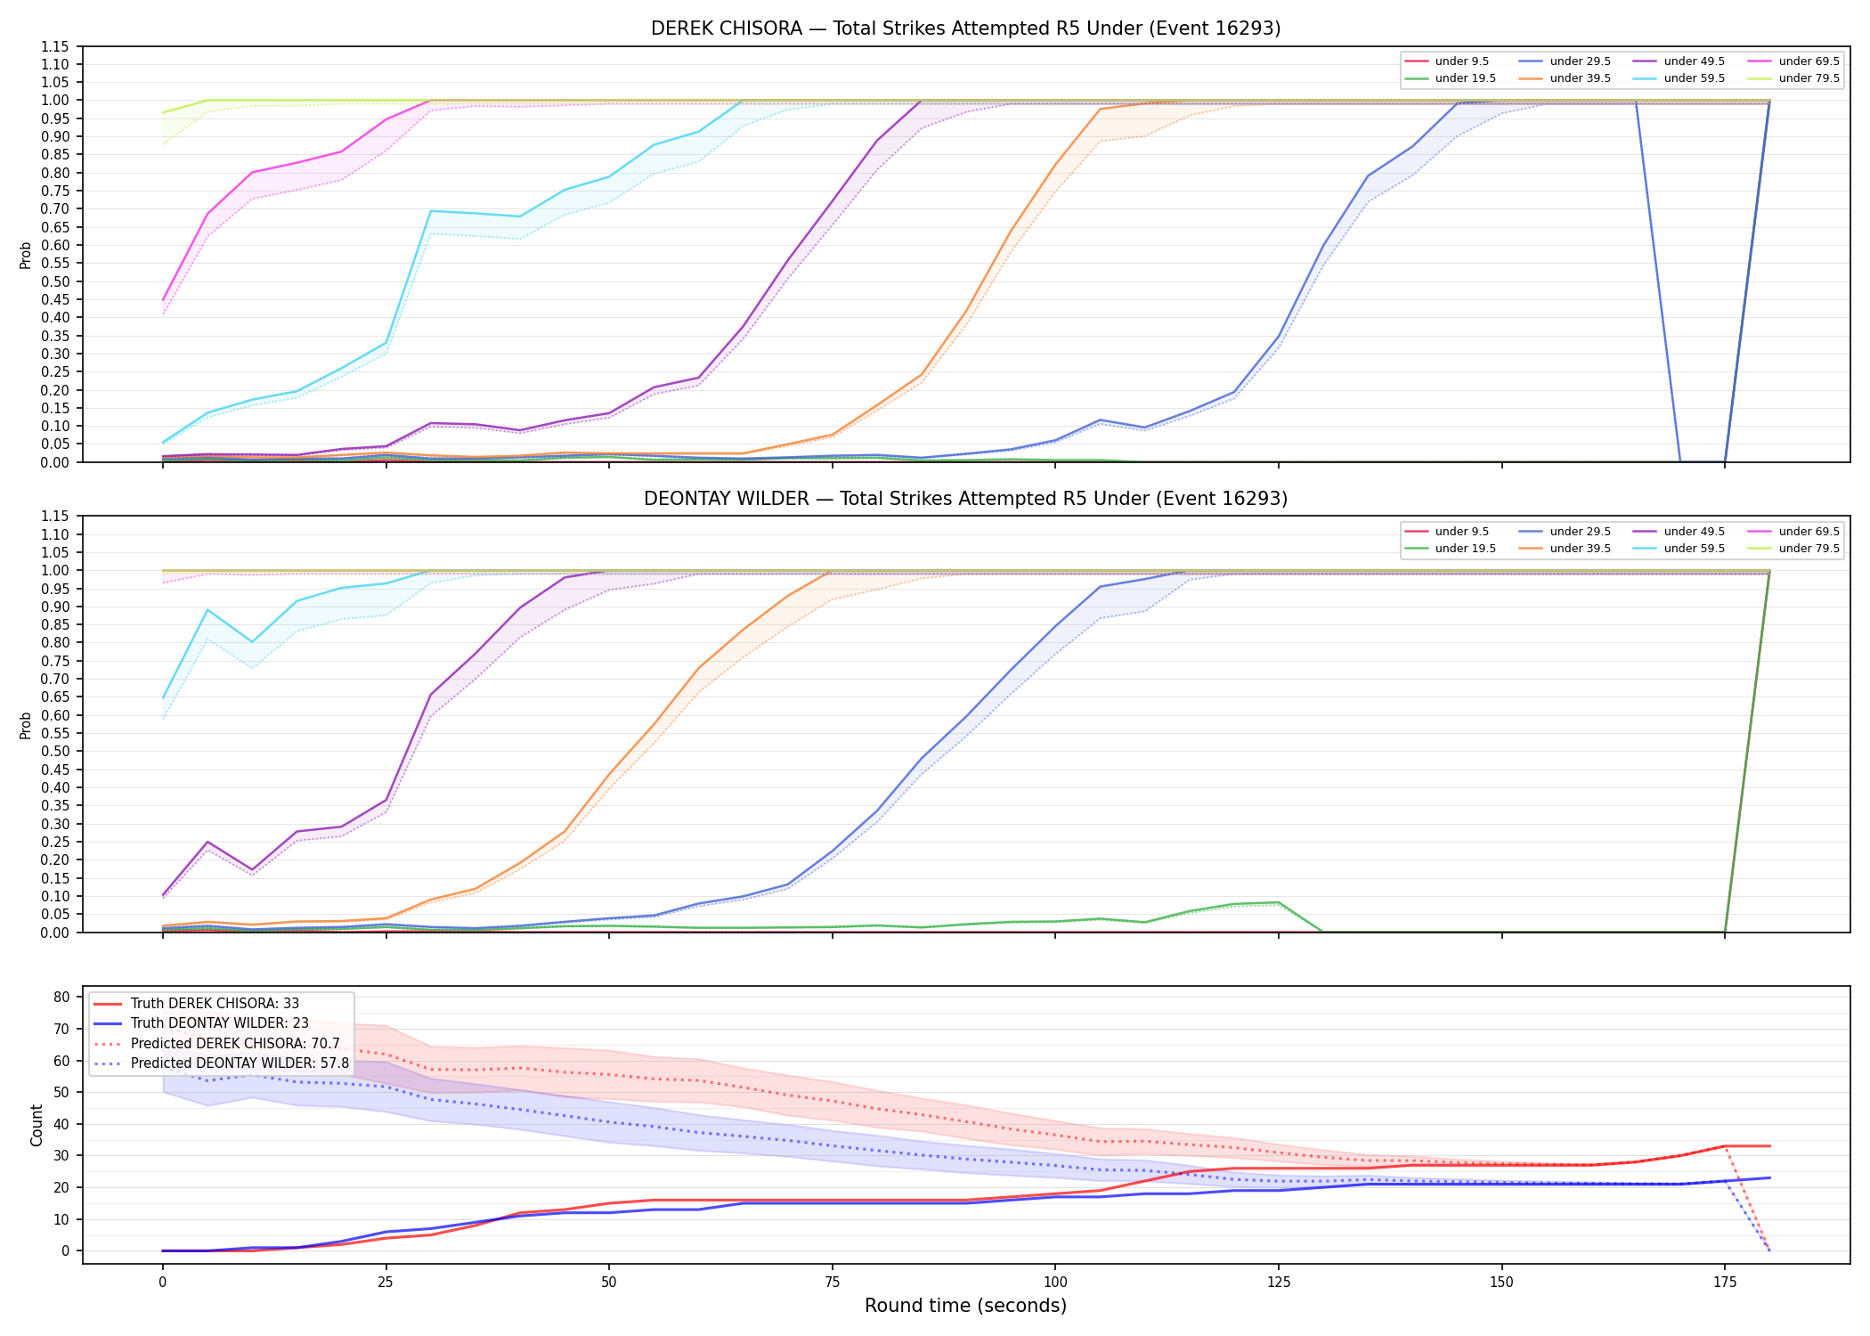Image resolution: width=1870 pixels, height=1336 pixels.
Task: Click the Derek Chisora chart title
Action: tap(965, 29)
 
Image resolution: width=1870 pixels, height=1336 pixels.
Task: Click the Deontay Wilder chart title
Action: tap(965, 499)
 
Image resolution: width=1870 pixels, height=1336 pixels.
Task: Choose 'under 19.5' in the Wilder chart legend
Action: tap(1465, 549)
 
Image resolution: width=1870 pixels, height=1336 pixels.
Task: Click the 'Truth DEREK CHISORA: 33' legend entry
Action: tap(215, 1004)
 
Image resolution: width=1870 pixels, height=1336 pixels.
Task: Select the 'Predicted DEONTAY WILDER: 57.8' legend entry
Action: tap(240, 1063)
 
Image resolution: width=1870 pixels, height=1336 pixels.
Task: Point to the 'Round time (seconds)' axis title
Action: tap(965, 1306)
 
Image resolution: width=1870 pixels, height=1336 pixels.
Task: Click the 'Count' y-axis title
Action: tap(37, 1125)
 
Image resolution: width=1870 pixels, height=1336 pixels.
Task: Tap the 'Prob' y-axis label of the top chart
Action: tap(26, 255)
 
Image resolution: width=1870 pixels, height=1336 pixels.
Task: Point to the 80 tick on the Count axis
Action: tap(61, 998)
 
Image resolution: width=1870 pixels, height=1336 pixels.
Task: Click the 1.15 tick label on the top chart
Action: tap(55, 46)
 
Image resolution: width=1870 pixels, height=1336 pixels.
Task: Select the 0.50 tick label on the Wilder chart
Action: tap(55, 752)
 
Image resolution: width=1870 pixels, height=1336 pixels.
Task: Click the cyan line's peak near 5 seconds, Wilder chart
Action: tap(207, 610)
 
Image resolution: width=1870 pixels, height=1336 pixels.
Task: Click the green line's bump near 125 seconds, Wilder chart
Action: tap(1279, 902)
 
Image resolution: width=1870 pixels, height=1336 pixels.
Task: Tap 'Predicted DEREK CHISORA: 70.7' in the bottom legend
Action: tap(235, 1043)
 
